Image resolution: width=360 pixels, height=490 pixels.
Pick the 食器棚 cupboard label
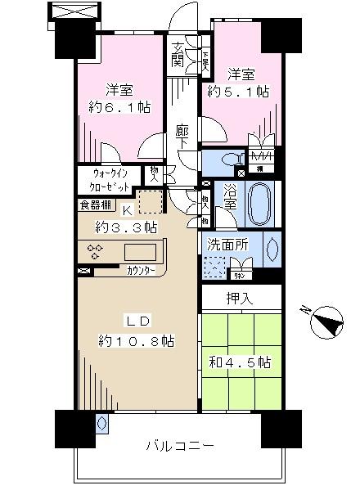(97, 205)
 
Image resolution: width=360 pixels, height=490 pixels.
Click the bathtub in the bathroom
(261, 205)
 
